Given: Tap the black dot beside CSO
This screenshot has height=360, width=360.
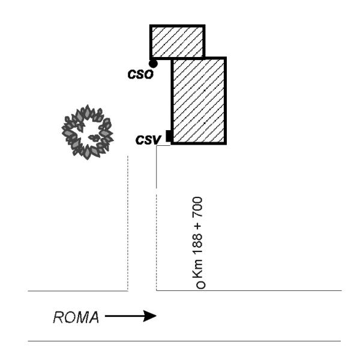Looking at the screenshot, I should point(153,62).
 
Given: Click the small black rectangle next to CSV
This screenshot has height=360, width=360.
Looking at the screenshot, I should point(169,136).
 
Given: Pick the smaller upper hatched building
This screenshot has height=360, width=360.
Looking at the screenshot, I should point(177,41).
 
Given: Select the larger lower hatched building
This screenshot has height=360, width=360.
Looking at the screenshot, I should point(199,101).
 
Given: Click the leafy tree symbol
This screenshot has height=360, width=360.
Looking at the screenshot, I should point(88,132).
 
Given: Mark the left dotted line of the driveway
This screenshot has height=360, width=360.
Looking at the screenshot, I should point(128,222).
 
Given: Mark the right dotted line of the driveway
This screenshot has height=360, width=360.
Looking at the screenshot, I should point(157,240).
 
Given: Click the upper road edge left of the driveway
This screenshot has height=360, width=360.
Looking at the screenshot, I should point(78,291).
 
